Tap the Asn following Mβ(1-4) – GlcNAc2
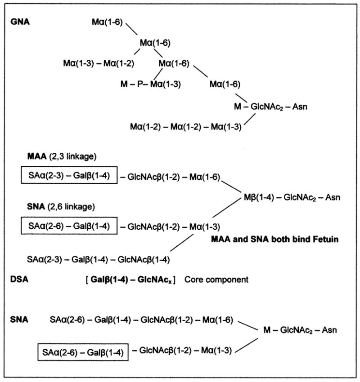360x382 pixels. point(331,197)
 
